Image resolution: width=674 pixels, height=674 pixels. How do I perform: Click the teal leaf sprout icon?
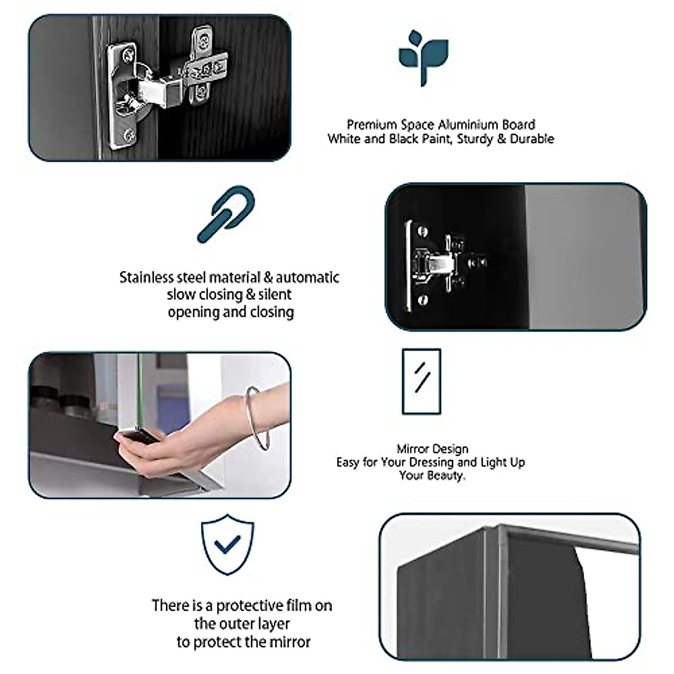pos(423,58)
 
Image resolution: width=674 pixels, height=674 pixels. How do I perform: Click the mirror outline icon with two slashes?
pos(421,381)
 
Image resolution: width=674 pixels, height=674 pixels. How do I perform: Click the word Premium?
pos(372,125)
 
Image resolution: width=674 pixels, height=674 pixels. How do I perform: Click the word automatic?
pos(307,277)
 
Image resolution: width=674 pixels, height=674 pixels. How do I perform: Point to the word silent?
pos(275,294)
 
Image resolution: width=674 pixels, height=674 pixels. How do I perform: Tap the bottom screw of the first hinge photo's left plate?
pos(129,134)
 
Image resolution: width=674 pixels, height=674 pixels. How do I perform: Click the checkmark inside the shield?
pos(227,545)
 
